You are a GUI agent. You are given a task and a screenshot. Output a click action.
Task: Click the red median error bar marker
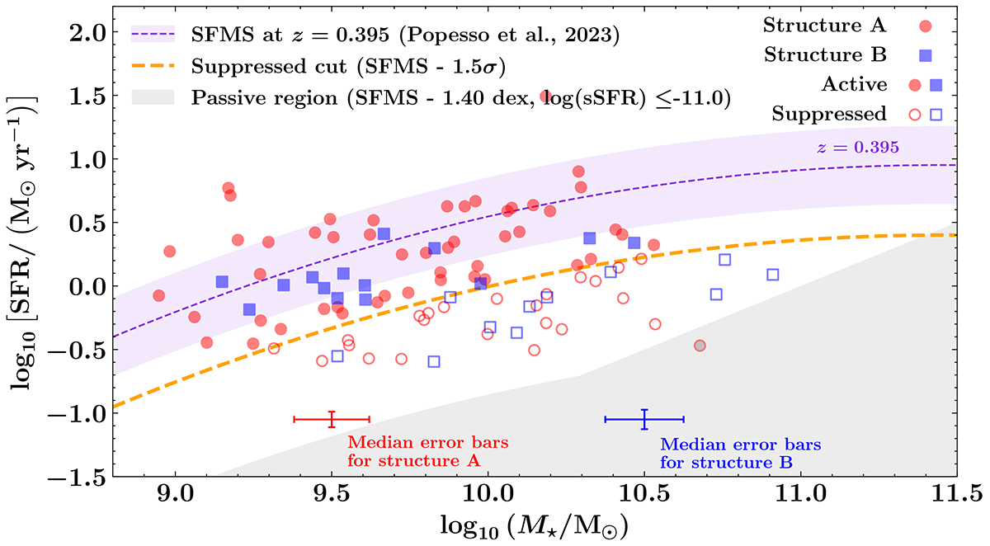click(x=332, y=419)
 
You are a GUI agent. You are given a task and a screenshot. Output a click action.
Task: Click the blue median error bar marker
click(x=644, y=419)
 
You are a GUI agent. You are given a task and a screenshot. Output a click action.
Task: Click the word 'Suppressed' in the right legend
click(x=829, y=114)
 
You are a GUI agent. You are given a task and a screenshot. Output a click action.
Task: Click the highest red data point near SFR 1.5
click(x=544, y=96)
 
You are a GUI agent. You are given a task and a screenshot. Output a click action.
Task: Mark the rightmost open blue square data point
click(x=773, y=275)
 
